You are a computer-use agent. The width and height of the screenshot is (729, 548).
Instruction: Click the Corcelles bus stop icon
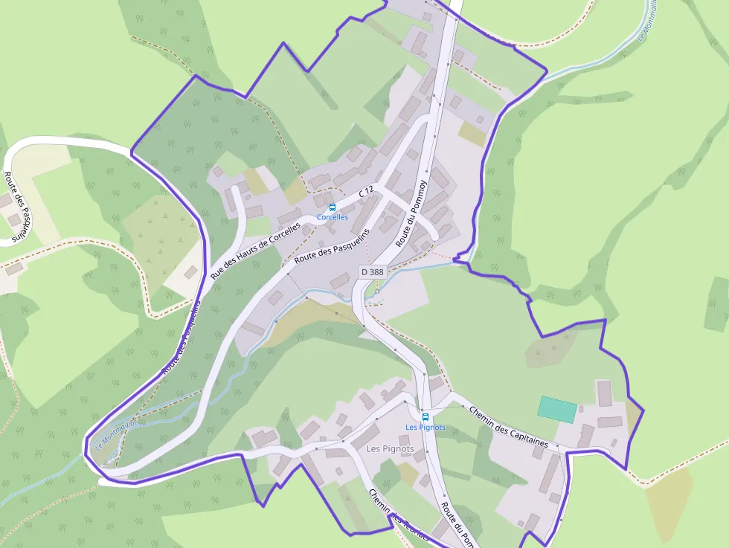click(333, 207)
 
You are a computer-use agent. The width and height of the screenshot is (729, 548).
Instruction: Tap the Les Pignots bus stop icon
click(425, 416)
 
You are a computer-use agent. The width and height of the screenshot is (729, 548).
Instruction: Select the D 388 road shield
click(372, 272)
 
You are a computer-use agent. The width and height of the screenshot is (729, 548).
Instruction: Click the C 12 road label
click(366, 192)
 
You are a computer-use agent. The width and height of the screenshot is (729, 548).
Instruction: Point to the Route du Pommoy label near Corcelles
click(411, 214)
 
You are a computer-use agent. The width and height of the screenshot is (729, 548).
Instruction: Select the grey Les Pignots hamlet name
click(390, 449)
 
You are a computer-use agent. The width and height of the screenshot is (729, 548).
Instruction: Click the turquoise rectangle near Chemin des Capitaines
click(557, 410)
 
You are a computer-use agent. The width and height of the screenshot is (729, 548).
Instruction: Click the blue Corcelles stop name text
click(333, 217)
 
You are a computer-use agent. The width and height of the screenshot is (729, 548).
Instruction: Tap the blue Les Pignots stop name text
click(425, 427)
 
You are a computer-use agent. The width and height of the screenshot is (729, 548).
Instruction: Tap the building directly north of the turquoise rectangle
click(604, 393)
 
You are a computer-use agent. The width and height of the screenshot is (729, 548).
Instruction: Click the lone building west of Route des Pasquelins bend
click(191, 272)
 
